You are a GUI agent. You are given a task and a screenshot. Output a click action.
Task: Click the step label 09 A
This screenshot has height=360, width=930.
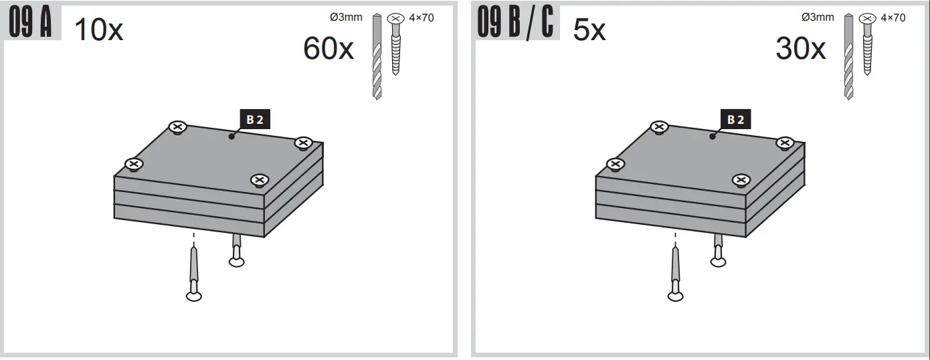pyautogui.click(x=32, y=23)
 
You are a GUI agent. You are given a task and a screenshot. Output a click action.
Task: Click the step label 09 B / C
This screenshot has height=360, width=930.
pyautogui.click(x=515, y=23)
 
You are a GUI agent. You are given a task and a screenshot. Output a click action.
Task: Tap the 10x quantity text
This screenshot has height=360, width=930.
pyautogui.click(x=98, y=31)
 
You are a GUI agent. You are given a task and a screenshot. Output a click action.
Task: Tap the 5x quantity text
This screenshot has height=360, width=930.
pyautogui.click(x=589, y=31)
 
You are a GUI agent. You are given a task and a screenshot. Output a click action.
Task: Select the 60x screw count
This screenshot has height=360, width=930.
pyautogui.click(x=328, y=49)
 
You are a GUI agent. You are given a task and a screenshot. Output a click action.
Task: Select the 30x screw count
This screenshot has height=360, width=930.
pyautogui.click(x=800, y=49)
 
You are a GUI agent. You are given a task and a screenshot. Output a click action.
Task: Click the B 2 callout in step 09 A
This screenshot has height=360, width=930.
pyautogui.click(x=255, y=120)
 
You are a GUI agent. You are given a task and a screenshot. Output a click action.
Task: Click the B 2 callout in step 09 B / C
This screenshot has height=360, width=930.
pyautogui.click(x=736, y=120)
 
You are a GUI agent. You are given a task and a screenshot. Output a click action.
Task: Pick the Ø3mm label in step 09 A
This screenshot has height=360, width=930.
pyautogui.click(x=346, y=17)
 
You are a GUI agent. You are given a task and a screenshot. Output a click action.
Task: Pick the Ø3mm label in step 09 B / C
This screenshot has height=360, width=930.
pyautogui.click(x=818, y=17)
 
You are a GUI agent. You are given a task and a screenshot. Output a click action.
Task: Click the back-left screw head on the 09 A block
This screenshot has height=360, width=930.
pyautogui.click(x=177, y=126)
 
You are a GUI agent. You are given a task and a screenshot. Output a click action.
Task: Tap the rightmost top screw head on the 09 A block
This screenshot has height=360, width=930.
pyautogui.click(x=303, y=143)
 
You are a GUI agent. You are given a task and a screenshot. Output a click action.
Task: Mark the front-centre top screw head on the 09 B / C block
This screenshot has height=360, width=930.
pyautogui.click(x=740, y=179)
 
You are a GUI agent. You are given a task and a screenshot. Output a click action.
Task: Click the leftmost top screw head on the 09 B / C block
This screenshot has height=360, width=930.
pyautogui.click(x=616, y=165)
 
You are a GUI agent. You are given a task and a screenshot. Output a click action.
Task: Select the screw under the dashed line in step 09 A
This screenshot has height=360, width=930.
pyautogui.click(x=194, y=274)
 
